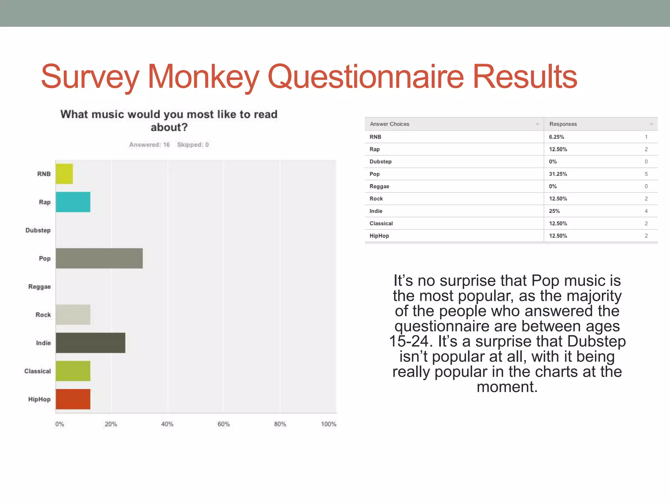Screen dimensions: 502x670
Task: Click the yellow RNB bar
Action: tap(64, 174)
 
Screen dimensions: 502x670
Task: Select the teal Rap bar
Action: tap(73, 202)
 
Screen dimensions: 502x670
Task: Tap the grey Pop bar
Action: tap(99, 258)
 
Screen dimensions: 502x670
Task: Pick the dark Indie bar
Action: tap(90, 343)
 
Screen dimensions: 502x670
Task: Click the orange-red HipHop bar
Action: tap(73, 399)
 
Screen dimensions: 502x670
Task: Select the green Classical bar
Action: tap(73, 371)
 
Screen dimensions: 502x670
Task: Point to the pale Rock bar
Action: tap(73, 315)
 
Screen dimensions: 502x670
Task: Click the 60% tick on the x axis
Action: tap(223, 424)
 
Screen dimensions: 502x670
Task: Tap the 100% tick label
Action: tap(328, 424)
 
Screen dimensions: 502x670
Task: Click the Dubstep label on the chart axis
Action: tap(38, 230)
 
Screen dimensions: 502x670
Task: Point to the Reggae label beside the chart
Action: tap(39, 287)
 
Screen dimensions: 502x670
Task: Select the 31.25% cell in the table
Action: tap(558, 174)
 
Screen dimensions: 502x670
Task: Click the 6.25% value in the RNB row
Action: tap(556, 137)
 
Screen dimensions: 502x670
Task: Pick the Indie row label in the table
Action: tap(376, 211)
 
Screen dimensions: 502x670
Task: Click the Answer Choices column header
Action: tap(389, 124)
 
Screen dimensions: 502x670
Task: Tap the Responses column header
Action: tap(563, 124)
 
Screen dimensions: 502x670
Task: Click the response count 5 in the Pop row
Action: tap(646, 174)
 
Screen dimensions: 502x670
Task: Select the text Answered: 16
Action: tap(150, 145)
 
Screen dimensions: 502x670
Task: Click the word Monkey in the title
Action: tap(203, 77)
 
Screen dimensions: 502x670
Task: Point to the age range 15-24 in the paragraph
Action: tap(409, 341)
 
